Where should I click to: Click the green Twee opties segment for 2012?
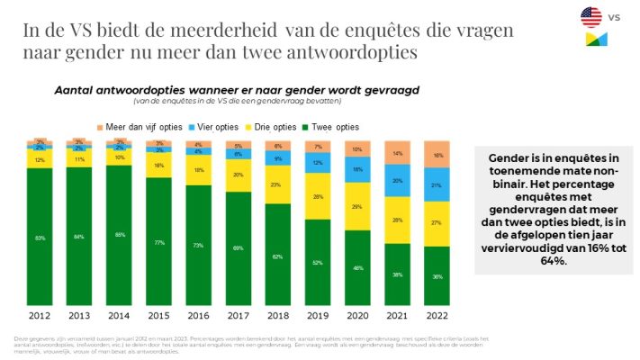40,238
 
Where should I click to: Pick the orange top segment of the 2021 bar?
396,153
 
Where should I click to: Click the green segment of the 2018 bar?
277,256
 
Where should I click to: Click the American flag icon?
590,16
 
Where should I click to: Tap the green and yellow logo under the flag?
596,40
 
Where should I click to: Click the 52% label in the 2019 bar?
317,263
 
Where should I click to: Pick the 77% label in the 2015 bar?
158,242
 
